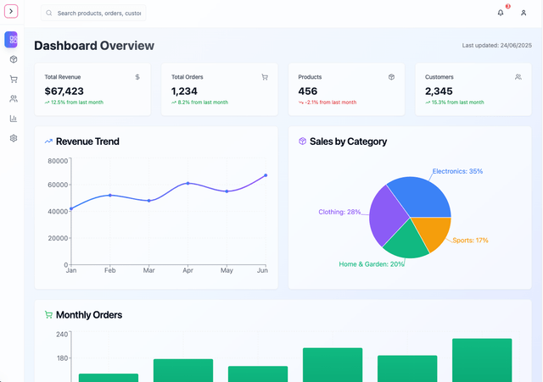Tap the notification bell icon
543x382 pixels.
(501, 13)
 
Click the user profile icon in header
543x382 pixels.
(523, 13)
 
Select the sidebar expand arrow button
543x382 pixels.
(11, 12)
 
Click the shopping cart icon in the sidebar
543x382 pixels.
(14, 79)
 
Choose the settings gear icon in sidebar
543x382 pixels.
(14, 138)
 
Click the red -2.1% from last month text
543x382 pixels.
(329, 102)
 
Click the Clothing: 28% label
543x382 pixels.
(339, 212)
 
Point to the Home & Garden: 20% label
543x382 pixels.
(372, 264)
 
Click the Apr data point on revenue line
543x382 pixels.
(188, 183)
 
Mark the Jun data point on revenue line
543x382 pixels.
(266, 175)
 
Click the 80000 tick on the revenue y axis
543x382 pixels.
(57, 160)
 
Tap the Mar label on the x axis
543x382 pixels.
(148, 270)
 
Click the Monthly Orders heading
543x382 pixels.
(89, 315)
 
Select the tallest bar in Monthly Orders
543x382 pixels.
(481, 360)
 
